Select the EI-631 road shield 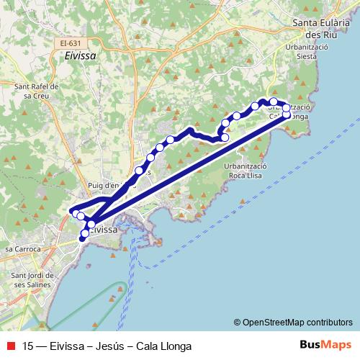[x=69, y=43]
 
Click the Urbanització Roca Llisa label [x=246, y=170]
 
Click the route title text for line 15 [x=107, y=346]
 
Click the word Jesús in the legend [x=109, y=346]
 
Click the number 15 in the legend [x=29, y=346]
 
